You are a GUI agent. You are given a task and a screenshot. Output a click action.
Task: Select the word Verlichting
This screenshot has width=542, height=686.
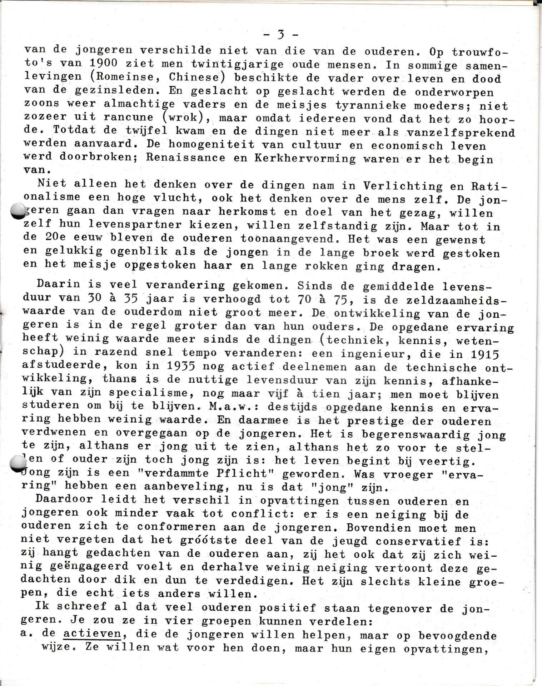[402, 186]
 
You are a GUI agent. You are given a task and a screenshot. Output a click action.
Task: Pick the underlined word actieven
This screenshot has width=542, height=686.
[92, 634]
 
